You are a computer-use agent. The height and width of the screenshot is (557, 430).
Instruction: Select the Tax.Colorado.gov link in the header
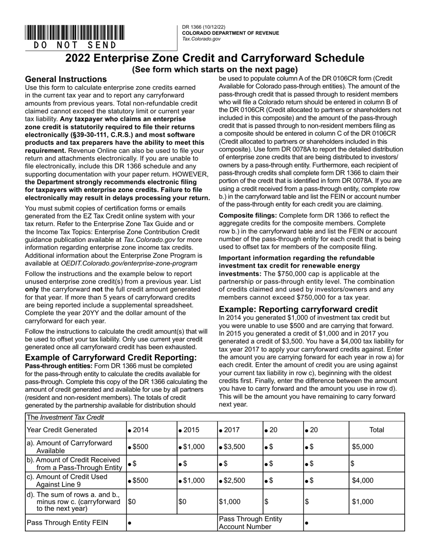tap(201, 39)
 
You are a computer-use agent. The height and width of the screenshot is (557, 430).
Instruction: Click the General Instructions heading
tap(66, 79)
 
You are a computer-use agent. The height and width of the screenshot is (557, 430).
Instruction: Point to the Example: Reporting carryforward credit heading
tap(298, 309)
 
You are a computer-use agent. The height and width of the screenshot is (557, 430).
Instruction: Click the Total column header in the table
tap(376, 430)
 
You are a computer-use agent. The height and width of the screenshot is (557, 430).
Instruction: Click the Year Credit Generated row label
tap(62, 430)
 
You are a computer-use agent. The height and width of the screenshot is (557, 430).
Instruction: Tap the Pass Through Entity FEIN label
tap(67, 523)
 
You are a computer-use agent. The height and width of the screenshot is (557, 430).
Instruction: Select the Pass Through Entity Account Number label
tap(250, 523)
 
